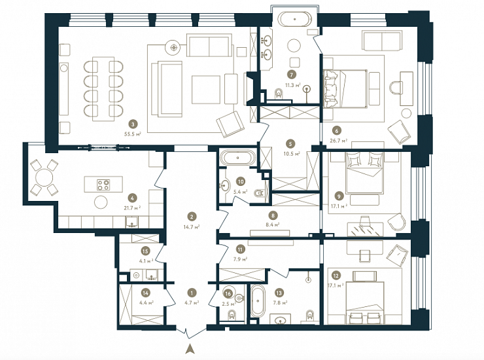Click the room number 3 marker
(133, 124)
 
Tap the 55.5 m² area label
(133, 134)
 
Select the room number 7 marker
(291, 75)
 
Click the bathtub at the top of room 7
(294, 19)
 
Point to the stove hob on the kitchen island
(103, 185)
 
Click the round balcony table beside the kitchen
(44, 177)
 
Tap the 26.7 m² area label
(339, 140)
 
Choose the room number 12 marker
(336, 276)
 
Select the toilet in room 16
(232, 315)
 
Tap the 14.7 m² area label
(192, 227)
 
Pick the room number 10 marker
(241, 182)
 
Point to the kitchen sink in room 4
(133, 223)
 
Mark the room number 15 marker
(145, 251)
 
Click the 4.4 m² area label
(147, 302)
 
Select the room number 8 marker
(273, 215)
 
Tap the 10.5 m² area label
(291, 153)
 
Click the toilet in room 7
(279, 94)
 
